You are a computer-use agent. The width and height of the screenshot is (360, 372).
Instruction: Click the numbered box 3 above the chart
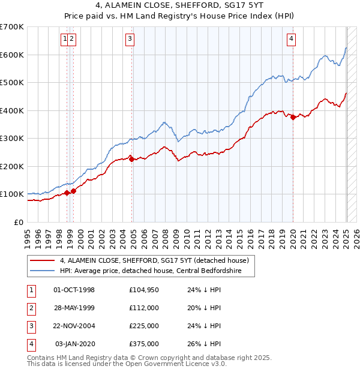click(x=130, y=40)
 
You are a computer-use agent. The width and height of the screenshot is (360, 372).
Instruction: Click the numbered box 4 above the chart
click(x=291, y=40)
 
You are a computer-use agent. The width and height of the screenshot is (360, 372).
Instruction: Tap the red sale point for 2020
click(x=293, y=118)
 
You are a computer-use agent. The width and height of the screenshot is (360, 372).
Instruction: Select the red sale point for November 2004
click(x=131, y=159)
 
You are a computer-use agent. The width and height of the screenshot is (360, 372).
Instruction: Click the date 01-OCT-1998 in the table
click(x=74, y=290)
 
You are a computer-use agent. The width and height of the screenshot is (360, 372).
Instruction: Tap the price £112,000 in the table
click(x=144, y=308)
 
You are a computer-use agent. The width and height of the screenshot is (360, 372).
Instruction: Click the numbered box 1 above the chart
click(x=64, y=40)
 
